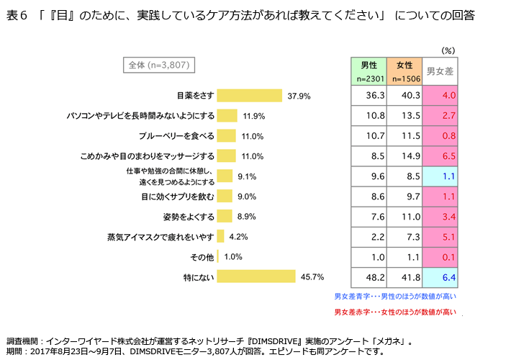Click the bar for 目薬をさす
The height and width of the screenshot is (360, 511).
coord(249,96)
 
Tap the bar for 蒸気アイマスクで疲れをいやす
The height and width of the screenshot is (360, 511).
coord(221,236)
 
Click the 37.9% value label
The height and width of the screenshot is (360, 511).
coord(299,96)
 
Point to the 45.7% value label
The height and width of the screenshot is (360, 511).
coord(312,276)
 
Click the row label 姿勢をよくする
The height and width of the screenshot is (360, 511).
coord(189,216)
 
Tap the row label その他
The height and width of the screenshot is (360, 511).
coord(202,256)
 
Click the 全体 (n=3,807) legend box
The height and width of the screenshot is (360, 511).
coord(159,65)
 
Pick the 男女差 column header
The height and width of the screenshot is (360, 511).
coord(440,71)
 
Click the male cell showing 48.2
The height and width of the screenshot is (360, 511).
coord(368,276)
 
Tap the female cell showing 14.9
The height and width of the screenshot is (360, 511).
coord(404,156)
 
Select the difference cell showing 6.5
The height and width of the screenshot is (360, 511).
coord(440,156)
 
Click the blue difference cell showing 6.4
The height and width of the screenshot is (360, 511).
coord(440,276)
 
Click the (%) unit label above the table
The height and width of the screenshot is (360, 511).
coord(448,50)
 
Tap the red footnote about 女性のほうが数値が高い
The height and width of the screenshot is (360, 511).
coord(395,312)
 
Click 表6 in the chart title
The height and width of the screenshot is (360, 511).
coord(17,14)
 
